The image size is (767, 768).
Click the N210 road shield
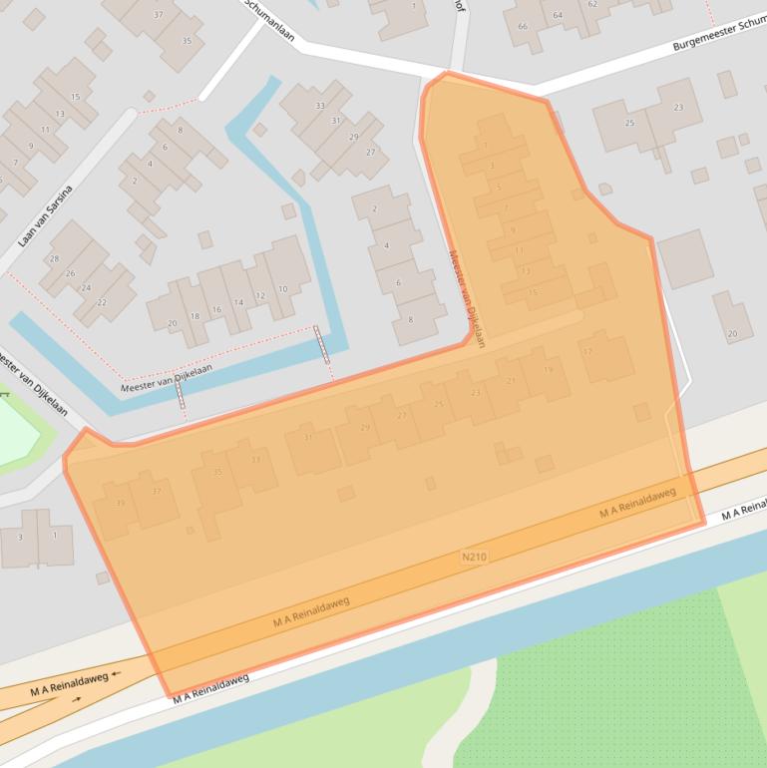pyautogui.click(x=475, y=557)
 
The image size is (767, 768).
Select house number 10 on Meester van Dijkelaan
pyautogui.click(x=283, y=289)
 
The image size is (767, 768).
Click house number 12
pyautogui.click(x=260, y=295)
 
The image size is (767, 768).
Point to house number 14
pyautogui.click(x=238, y=301)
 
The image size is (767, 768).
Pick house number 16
pyautogui.click(x=215, y=310)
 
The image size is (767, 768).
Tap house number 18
pyautogui.click(x=194, y=315)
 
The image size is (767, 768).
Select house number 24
pyautogui.click(x=87, y=287)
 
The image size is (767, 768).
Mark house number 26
pyautogui.click(x=70, y=272)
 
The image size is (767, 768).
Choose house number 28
pyautogui.click(x=54, y=258)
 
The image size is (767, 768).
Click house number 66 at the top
pyautogui.click(x=523, y=26)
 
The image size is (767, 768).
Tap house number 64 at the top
pyautogui.click(x=558, y=15)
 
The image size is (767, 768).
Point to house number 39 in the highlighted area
pyautogui.click(x=121, y=503)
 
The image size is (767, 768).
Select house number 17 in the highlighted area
pyautogui.click(x=587, y=351)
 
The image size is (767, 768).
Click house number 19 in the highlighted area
pyautogui.click(x=548, y=370)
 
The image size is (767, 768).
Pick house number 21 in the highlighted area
pyautogui.click(x=512, y=381)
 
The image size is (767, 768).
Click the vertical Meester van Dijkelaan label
pyautogui.click(x=466, y=298)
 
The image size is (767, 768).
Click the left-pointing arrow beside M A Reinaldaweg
pyautogui.click(x=117, y=673)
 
